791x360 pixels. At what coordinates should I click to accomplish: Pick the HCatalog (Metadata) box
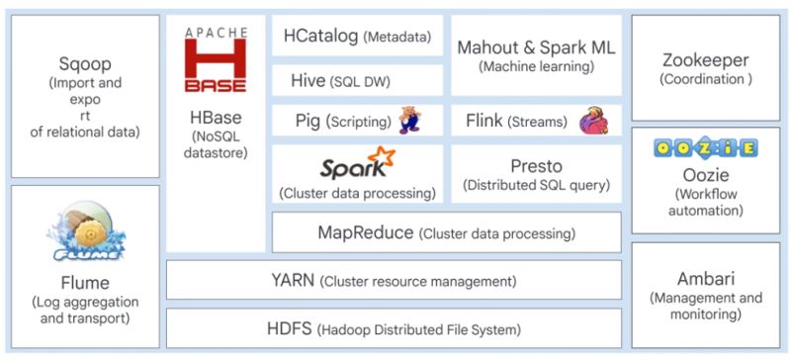coord(357,37)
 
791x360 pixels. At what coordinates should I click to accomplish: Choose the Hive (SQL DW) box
coord(357,80)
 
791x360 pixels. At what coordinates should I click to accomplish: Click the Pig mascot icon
coord(409,121)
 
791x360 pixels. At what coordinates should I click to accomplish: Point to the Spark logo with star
coord(357,160)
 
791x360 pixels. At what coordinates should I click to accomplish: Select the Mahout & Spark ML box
coord(536,54)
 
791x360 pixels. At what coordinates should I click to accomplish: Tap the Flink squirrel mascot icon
coord(593,121)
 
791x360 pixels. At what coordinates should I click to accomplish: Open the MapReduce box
coord(446,233)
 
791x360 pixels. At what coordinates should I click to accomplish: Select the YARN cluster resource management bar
coord(394,280)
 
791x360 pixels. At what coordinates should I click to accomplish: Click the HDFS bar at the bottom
coord(394,327)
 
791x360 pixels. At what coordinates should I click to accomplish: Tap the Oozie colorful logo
coord(706,149)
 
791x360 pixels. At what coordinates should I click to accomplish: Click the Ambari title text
coord(706,278)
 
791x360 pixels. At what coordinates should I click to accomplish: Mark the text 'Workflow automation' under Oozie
coord(706,202)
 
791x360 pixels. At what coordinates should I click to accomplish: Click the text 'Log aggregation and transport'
coord(84,310)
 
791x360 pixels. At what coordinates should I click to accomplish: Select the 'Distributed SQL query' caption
coord(536,184)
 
